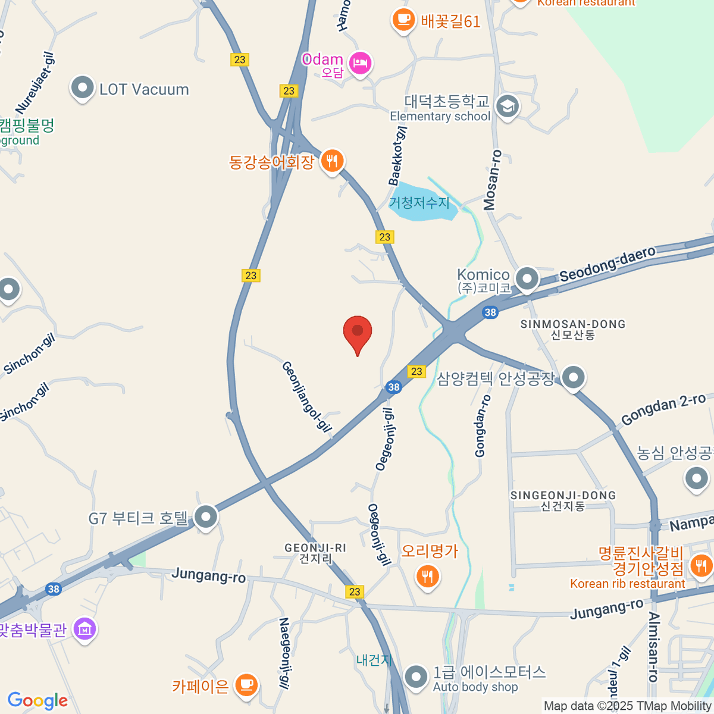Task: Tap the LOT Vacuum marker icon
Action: click(82, 88)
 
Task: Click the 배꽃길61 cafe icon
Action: click(403, 20)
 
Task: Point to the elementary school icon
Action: click(507, 107)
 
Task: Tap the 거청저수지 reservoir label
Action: click(419, 202)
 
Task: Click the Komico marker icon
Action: click(527, 278)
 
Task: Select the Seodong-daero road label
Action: click(607, 263)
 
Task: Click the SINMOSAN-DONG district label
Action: click(573, 329)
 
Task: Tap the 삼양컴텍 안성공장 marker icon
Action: click(573, 377)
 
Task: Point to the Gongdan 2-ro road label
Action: click(663, 409)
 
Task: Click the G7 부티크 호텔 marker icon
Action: click(206, 516)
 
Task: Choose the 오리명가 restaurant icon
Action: click(427, 575)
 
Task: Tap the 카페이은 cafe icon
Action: click(246, 684)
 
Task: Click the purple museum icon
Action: click(84, 628)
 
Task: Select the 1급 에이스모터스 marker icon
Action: click(415, 676)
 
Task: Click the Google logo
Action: click(37, 701)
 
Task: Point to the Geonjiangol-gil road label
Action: click(306, 397)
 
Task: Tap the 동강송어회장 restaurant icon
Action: click(332, 161)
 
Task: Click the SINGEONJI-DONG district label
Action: click(563, 500)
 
